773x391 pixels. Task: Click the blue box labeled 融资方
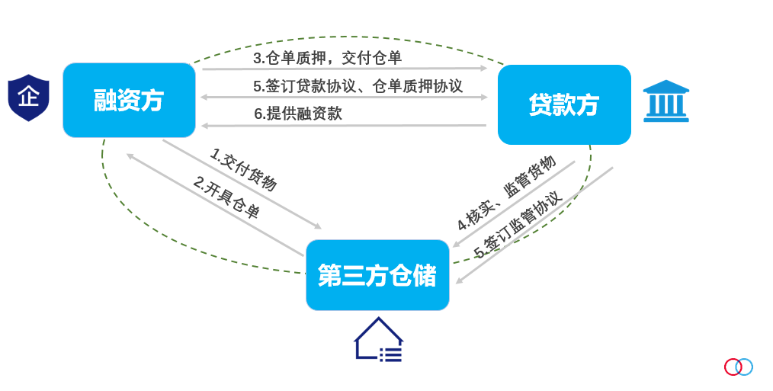[129, 100]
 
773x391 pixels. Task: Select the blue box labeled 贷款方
[564, 104]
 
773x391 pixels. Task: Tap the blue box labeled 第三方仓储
[377, 275]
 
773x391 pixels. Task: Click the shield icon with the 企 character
[29, 98]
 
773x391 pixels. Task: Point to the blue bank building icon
[666, 101]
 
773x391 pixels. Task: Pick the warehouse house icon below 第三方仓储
[379, 339]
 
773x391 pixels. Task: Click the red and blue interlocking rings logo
[739, 367]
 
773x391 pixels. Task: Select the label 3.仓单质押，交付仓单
[328, 58]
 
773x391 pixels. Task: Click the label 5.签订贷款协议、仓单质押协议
[358, 86]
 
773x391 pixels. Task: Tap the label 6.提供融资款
[298, 114]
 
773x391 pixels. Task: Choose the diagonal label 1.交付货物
[243, 169]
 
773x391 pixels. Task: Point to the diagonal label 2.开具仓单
[226, 197]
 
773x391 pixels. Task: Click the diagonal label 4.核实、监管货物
[506, 193]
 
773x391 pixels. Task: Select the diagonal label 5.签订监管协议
[518, 224]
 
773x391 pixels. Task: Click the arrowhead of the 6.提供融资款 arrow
[204, 127]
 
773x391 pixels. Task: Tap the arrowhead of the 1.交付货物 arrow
[318, 226]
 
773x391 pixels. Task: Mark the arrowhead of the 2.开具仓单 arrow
[130, 156]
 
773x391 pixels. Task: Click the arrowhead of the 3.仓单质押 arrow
[483, 69]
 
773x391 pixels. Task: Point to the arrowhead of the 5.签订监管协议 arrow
[459, 280]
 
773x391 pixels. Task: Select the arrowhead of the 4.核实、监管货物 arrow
[457, 244]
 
